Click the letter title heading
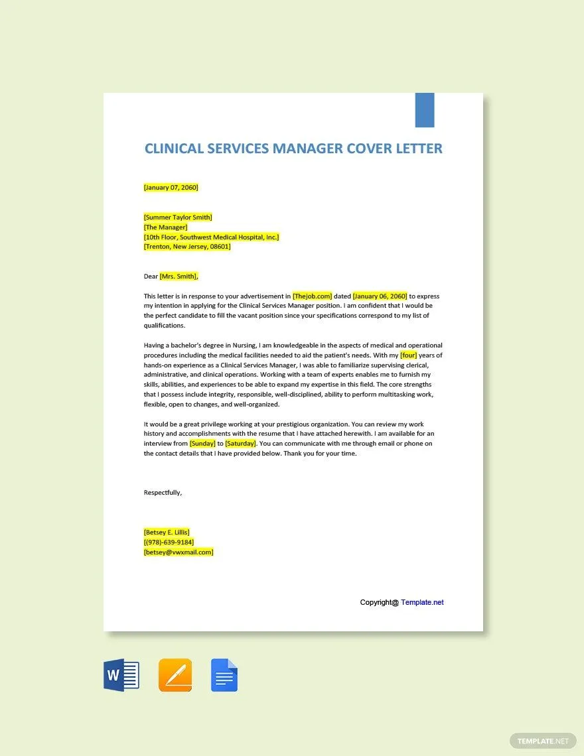click(x=293, y=148)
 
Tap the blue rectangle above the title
click(x=425, y=110)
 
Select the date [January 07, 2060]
click(x=171, y=187)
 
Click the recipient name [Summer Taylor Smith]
click(x=178, y=217)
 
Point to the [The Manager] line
click(x=165, y=227)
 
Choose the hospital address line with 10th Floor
click(x=211, y=237)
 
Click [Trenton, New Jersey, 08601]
click(x=187, y=246)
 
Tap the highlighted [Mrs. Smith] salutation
click(x=179, y=277)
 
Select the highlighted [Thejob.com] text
click(x=312, y=296)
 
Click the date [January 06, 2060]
click(x=380, y=296)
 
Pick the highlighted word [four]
click(x=408, y=355)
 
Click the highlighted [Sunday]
click(x=202, y=444)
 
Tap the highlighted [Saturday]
click(x=240, y=444)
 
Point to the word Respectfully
click(x=163, y=492)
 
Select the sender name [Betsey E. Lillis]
click(x=167, y=532)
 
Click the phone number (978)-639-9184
click(x=169, y=542)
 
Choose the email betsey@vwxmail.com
click(x=179, y=552)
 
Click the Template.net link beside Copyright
click(x=422, y=602)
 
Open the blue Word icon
click(x=121, y=676)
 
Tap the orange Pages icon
click(x=175, y=676)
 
